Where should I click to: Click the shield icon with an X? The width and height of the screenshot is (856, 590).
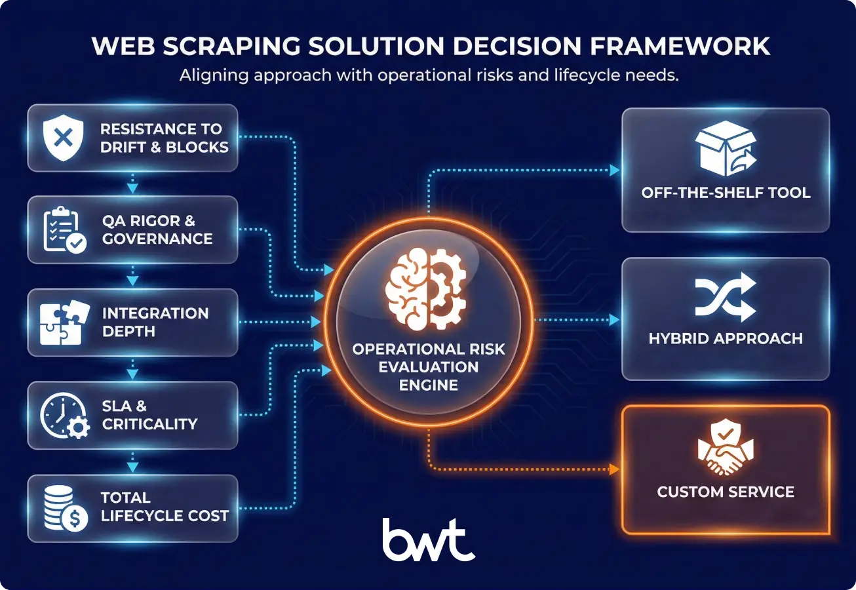(63, 138)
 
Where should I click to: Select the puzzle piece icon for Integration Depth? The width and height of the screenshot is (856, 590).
(62, 323)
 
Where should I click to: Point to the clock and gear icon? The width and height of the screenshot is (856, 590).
(64, 416)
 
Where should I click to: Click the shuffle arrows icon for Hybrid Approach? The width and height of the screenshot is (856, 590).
(725, 298)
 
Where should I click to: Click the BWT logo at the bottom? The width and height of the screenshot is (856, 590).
(428, 540)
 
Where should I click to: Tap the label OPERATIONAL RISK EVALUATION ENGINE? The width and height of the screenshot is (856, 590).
(429, 366)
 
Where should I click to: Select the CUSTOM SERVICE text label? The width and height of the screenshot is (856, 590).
(725, 492)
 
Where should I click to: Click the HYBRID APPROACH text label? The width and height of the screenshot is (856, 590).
(725, 339)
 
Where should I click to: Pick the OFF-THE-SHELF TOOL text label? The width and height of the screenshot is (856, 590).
(726, 193)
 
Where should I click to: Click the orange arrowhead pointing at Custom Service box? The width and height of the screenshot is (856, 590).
(614, 469)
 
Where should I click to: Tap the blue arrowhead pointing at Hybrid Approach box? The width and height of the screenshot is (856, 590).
(614, 320)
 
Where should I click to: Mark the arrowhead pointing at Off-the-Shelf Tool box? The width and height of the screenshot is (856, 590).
(614, 170)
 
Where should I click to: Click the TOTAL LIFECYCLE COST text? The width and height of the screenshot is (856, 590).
(164, 507)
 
